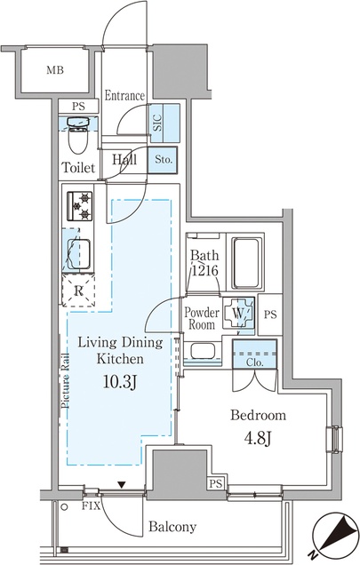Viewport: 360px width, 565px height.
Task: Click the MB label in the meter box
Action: tap(55, 69)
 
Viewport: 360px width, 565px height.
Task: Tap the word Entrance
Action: tap(124, 95)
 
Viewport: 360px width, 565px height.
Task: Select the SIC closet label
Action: tap(157, 123)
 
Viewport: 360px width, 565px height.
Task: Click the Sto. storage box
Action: tap(163, 160)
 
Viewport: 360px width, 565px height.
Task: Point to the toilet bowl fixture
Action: tap(78, 135)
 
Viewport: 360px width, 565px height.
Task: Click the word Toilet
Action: tap(78, 168)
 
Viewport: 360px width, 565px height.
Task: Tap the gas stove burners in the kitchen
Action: tap(80, 206)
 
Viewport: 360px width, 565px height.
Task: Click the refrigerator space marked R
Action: tap(78, 290)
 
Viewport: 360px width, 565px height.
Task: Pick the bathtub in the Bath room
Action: tap(245, 263)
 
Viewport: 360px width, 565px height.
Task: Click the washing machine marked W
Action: tap(238, 313)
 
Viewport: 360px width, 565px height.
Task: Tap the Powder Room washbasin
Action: tap(203, 351)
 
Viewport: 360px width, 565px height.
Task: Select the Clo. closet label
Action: tap(255, 362)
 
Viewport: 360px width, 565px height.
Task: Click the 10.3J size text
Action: tap(120, 382)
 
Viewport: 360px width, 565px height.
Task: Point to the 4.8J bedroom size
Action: tap(258, 438)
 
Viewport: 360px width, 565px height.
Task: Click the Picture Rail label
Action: tap(66, 380)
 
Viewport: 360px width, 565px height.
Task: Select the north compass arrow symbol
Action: tap(333, 537)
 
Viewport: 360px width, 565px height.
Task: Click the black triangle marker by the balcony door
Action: tap(122, 485)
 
